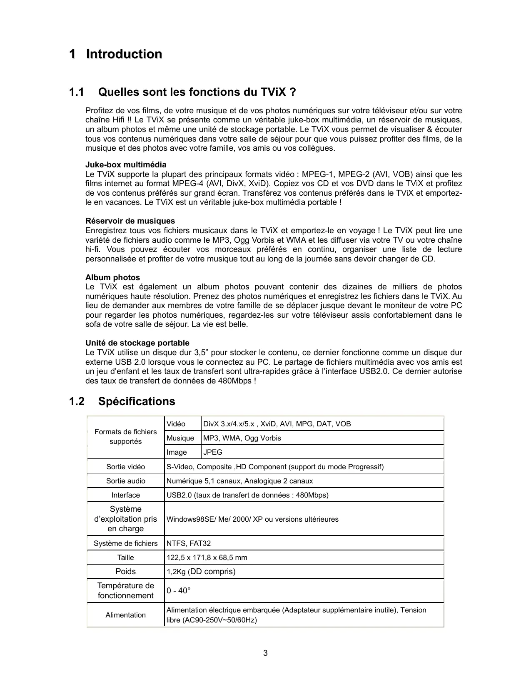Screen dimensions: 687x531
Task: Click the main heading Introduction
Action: pyautogui.click(x=124, y=54)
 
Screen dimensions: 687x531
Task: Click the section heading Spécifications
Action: pyautogui.click(x=137, y=401)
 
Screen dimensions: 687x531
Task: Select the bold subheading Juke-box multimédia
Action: pyautogui.click(x=126, y=164)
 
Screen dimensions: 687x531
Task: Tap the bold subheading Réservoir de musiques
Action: pyautogui.click(x=130, y=221)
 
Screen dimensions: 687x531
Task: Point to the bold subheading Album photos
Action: pyautogui.click(x=112, y=277)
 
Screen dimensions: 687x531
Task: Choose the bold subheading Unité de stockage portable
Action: pyautogui.click(x=137, y=343)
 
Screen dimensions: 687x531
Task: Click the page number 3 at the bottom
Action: pyautogui.click(x=265, y=653)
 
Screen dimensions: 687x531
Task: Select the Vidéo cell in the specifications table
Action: pyautogui.click(x=176, y=424)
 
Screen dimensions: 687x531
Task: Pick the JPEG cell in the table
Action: pyautogui.click(x=213, y=452)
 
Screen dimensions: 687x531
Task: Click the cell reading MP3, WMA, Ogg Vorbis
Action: pyautogui.click(x=242, y=438)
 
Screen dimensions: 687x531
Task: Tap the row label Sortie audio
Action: pyautogui.click(x=125, y=481)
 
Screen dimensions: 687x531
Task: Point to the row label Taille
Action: pyautogui.click(x=125, y=558)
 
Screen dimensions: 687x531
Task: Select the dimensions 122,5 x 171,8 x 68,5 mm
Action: pyautogui.click(x=207, y=558)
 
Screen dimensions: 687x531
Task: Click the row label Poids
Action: pyautogui.click(x=125, y=571)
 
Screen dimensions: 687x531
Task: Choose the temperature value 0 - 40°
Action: pyautogui.click(x=179, y=590)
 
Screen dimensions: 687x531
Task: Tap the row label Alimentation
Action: pyautogui.click(x=125, y=615)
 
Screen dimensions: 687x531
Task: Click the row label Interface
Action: pyautogui.click(x=125, y=495)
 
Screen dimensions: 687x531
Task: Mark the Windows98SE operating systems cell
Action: pyautogui.click(x=252, y=519)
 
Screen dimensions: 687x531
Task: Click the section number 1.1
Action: pyautogui.click(x=76, y=92)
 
